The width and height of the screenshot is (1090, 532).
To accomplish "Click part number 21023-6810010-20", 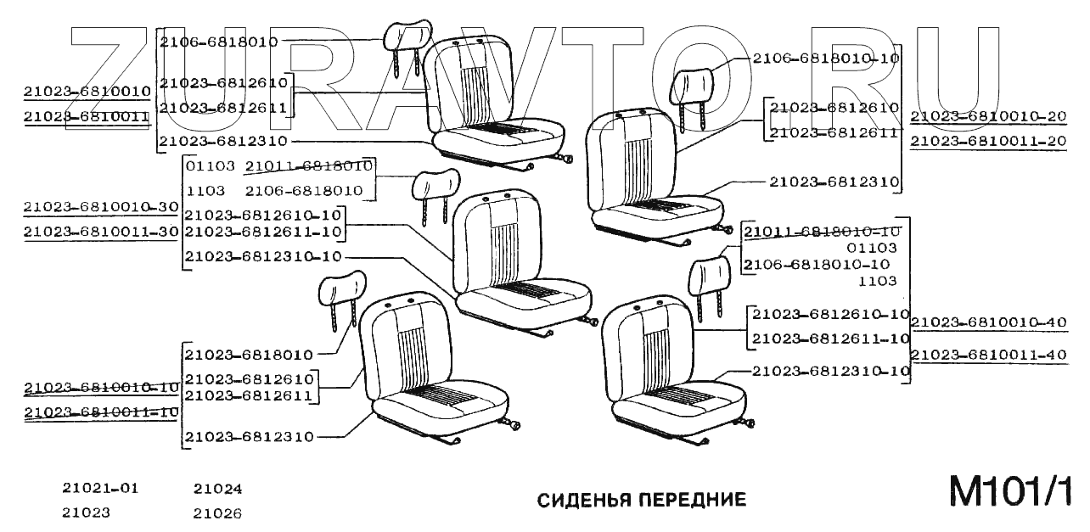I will tap(988, 115).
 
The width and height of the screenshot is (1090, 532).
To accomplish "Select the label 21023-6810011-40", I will tap(988, 355).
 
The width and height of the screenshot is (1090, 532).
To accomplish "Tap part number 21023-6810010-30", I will tap(101, 207).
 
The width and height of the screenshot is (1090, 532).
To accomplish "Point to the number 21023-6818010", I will tap(249, 355).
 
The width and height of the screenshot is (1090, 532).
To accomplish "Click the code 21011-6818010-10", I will tap(822, 232).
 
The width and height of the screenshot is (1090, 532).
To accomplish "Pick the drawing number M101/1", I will tap(1009, 493).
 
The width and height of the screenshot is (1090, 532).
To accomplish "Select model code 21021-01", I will tap(99, 489).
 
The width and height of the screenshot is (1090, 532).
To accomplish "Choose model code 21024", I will tap(217, 489).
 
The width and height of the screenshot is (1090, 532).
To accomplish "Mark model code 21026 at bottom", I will tap(217, 513).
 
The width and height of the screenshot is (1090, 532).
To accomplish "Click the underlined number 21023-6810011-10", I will tap(101, 412).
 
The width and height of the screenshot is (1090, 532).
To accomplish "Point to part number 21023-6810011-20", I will tap(988, 142).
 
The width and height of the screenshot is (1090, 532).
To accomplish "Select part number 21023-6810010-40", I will tap(988, 322).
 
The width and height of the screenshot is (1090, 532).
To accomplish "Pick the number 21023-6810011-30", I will tap(101, 232).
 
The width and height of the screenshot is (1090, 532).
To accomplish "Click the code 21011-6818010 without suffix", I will tap(308, 165).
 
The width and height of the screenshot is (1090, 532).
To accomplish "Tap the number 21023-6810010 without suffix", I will tap(87, 91).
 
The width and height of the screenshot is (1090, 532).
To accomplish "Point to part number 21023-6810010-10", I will tap(101, 388).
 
